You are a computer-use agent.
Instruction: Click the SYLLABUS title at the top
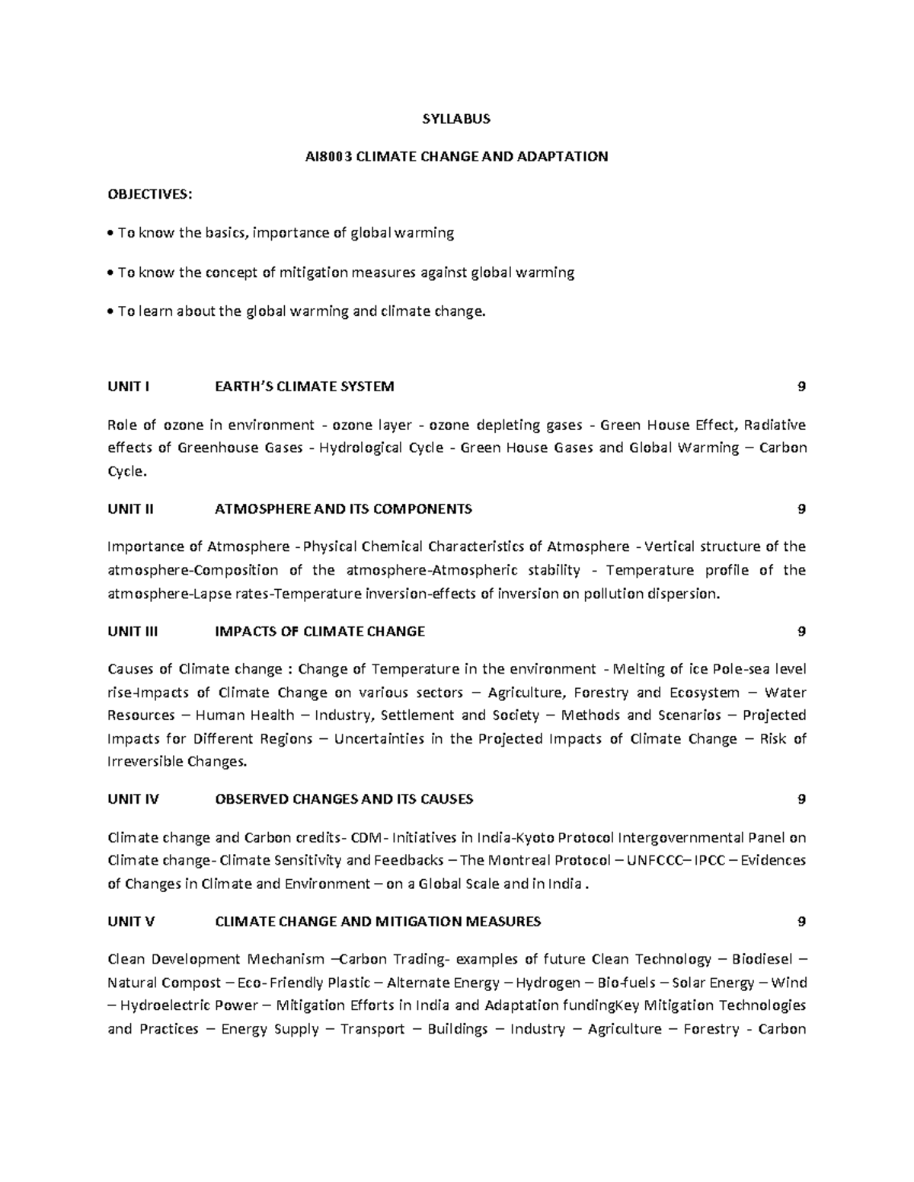pos(456,119)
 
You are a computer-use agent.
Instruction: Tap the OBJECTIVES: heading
pos(150,195)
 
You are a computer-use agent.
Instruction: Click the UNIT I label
pos(128,386)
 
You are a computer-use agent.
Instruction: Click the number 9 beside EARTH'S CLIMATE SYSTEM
pos(801,386)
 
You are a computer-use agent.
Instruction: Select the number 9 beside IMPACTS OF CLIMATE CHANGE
pos(801,631)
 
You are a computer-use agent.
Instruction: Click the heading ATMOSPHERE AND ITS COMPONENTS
pos(344,508)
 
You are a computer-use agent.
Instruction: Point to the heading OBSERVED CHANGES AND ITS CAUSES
pos(344,798)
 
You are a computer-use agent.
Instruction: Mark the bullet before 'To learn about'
pos(111,311)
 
